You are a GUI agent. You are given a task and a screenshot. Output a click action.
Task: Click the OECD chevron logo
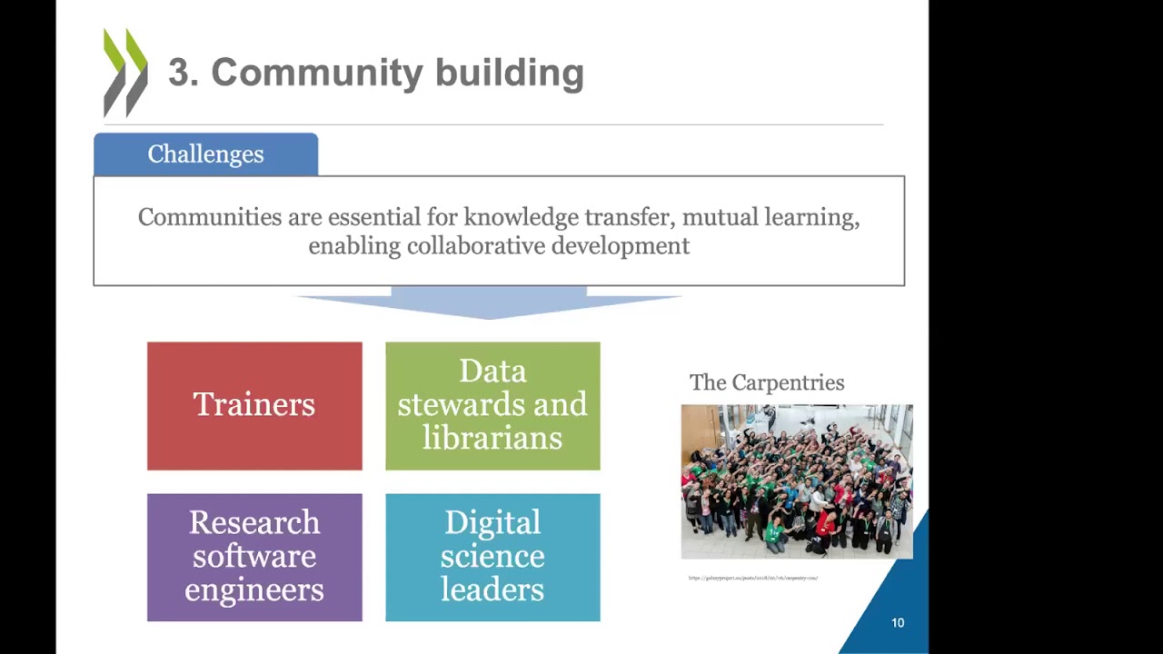click(125, 73)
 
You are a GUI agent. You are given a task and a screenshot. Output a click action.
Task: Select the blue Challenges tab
click(205, 154)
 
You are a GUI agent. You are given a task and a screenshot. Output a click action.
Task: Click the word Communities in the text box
click(210, 217)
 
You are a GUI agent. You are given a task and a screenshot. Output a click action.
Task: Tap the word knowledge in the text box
click(521, 217)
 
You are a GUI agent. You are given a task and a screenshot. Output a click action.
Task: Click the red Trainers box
click(254, 406)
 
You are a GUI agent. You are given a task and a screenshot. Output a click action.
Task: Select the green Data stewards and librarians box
click(492, 406)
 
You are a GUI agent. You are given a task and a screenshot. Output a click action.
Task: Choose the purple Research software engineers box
click(254, 557)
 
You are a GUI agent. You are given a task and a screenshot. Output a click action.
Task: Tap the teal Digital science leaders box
click(492, 557)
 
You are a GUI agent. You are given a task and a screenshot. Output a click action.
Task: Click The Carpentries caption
click(767, 382)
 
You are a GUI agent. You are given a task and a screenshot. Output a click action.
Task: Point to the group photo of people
click(797, 481)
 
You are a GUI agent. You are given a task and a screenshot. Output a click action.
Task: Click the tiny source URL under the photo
click(753, 578)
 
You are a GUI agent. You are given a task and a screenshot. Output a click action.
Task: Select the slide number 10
click(898, 623)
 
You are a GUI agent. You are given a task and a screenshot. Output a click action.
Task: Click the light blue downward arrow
click(489, 302)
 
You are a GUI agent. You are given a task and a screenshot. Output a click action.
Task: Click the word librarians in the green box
click(492, 439)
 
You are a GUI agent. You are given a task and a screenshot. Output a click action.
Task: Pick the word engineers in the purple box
click(254, 590)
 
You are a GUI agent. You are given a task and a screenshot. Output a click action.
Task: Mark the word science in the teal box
click(492, 556)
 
